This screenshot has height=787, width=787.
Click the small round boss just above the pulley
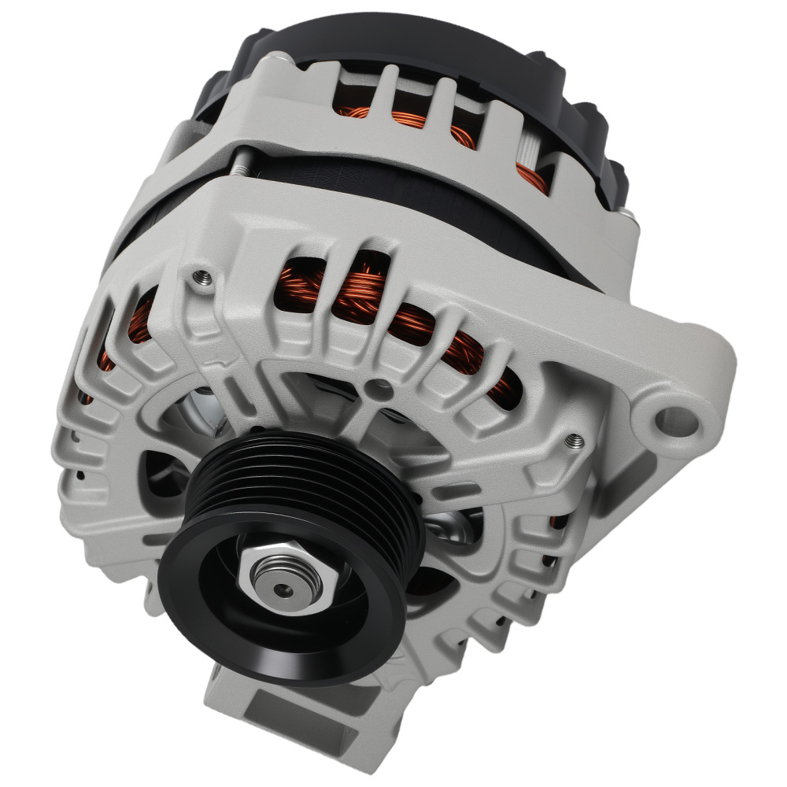381,387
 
